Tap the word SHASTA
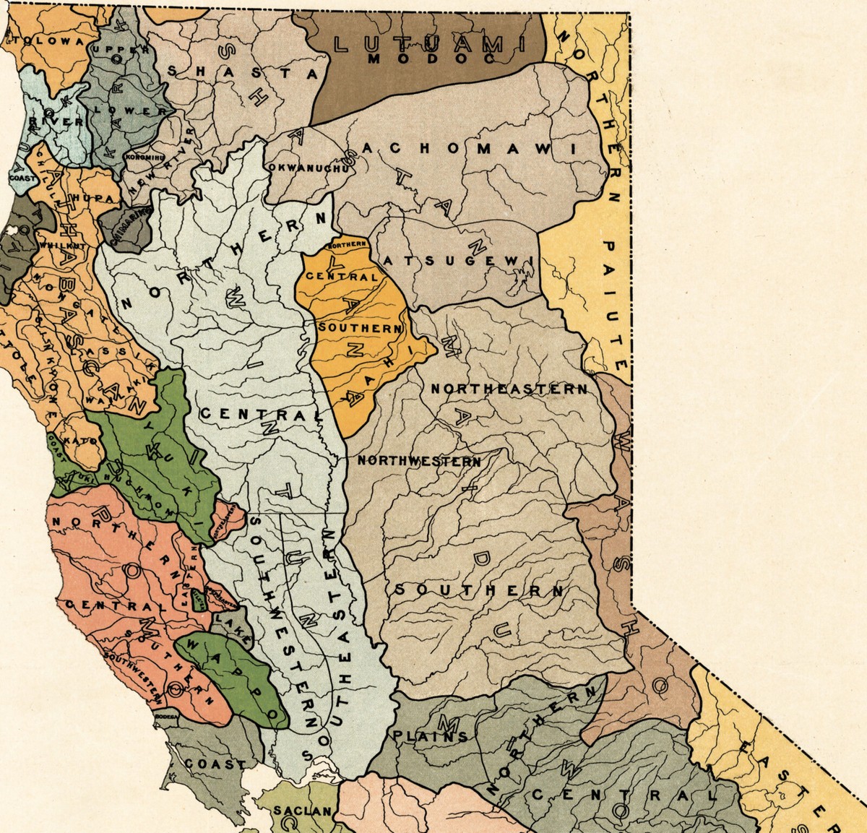pos(242,72)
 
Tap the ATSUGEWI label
pos(460,259)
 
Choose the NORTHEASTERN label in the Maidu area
pos(509,389)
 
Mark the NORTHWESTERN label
pos(419,460)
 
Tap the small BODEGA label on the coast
pos(166,716)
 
